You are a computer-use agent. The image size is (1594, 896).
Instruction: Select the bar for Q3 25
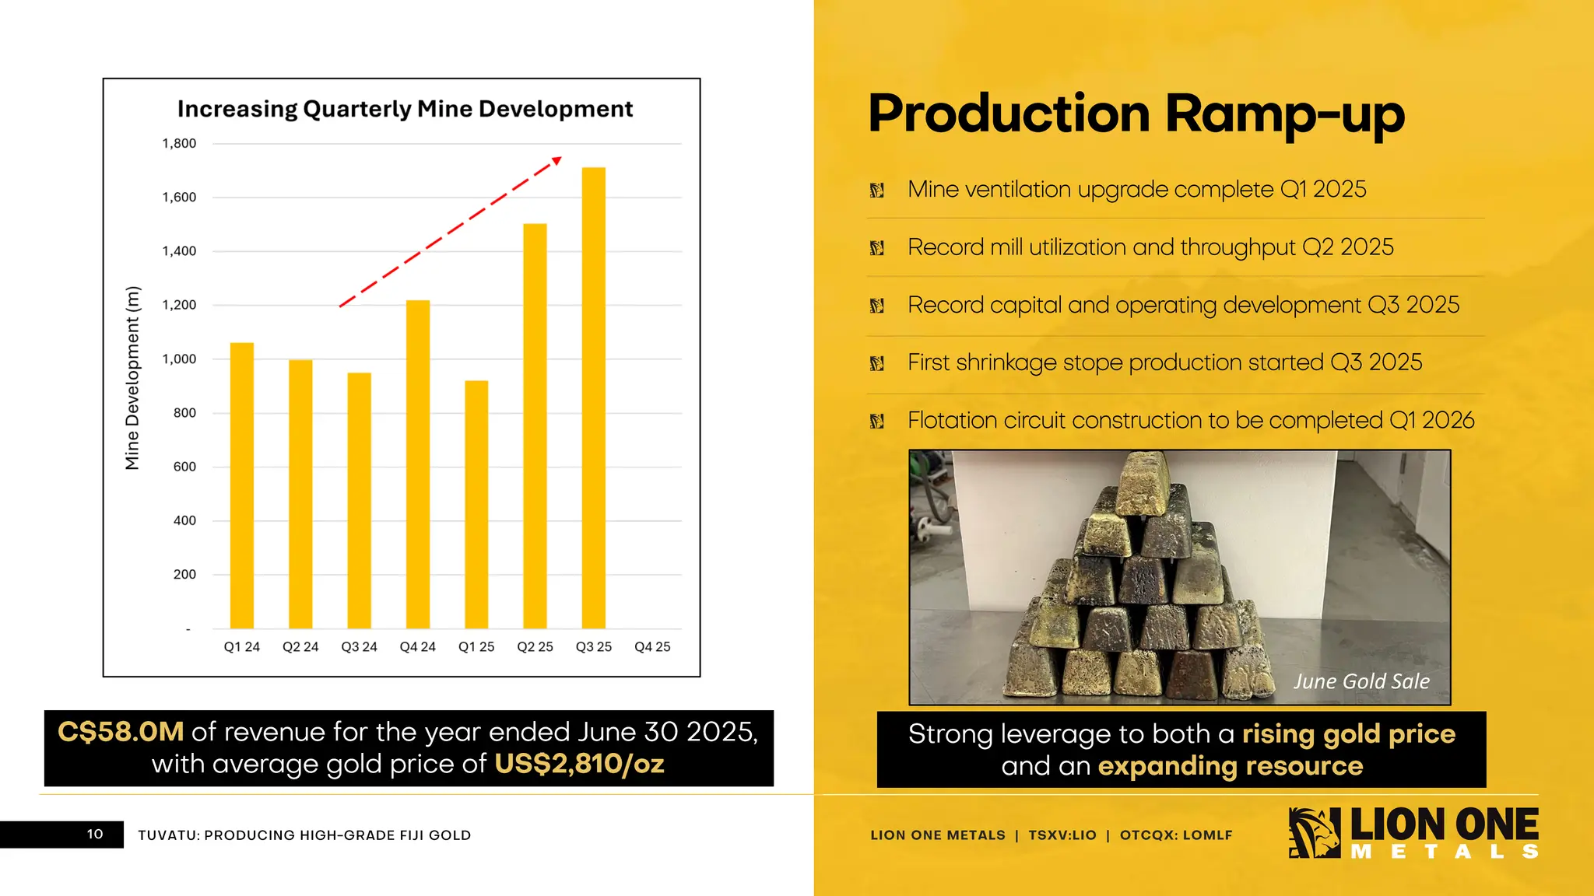coord(593,398)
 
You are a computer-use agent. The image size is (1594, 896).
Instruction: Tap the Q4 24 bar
coord(418,464)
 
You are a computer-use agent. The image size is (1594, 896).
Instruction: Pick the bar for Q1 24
coord(242,485)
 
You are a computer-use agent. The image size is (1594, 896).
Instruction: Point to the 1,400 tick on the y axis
coord(179,251)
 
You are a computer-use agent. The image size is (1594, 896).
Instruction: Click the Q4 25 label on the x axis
coord(652,647)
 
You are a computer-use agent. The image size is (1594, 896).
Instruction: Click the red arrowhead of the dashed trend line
coord(556,161)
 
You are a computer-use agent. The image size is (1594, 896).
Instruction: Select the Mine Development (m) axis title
coord(132,378)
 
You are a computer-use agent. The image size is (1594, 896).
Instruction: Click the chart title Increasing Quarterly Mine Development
coord(405,109)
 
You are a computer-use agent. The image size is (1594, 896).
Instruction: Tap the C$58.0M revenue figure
coord(121,732)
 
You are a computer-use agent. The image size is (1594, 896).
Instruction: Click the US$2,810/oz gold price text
coord(579,764)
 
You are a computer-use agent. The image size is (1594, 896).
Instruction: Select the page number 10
coord(95,835)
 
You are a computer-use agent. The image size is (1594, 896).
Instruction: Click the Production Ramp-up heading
coord(1136,114)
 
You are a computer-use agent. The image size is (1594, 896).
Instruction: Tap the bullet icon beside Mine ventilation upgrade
coord(877,191)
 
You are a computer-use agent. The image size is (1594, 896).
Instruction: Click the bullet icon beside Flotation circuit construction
coord(877,422)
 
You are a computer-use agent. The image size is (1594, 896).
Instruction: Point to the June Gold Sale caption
coord(1361,681)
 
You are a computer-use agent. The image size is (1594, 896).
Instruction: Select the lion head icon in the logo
coord(1314,833)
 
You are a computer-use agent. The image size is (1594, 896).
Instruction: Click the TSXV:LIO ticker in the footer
coord(1062,835)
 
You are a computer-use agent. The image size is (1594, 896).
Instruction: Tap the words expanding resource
coord(1230,766)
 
